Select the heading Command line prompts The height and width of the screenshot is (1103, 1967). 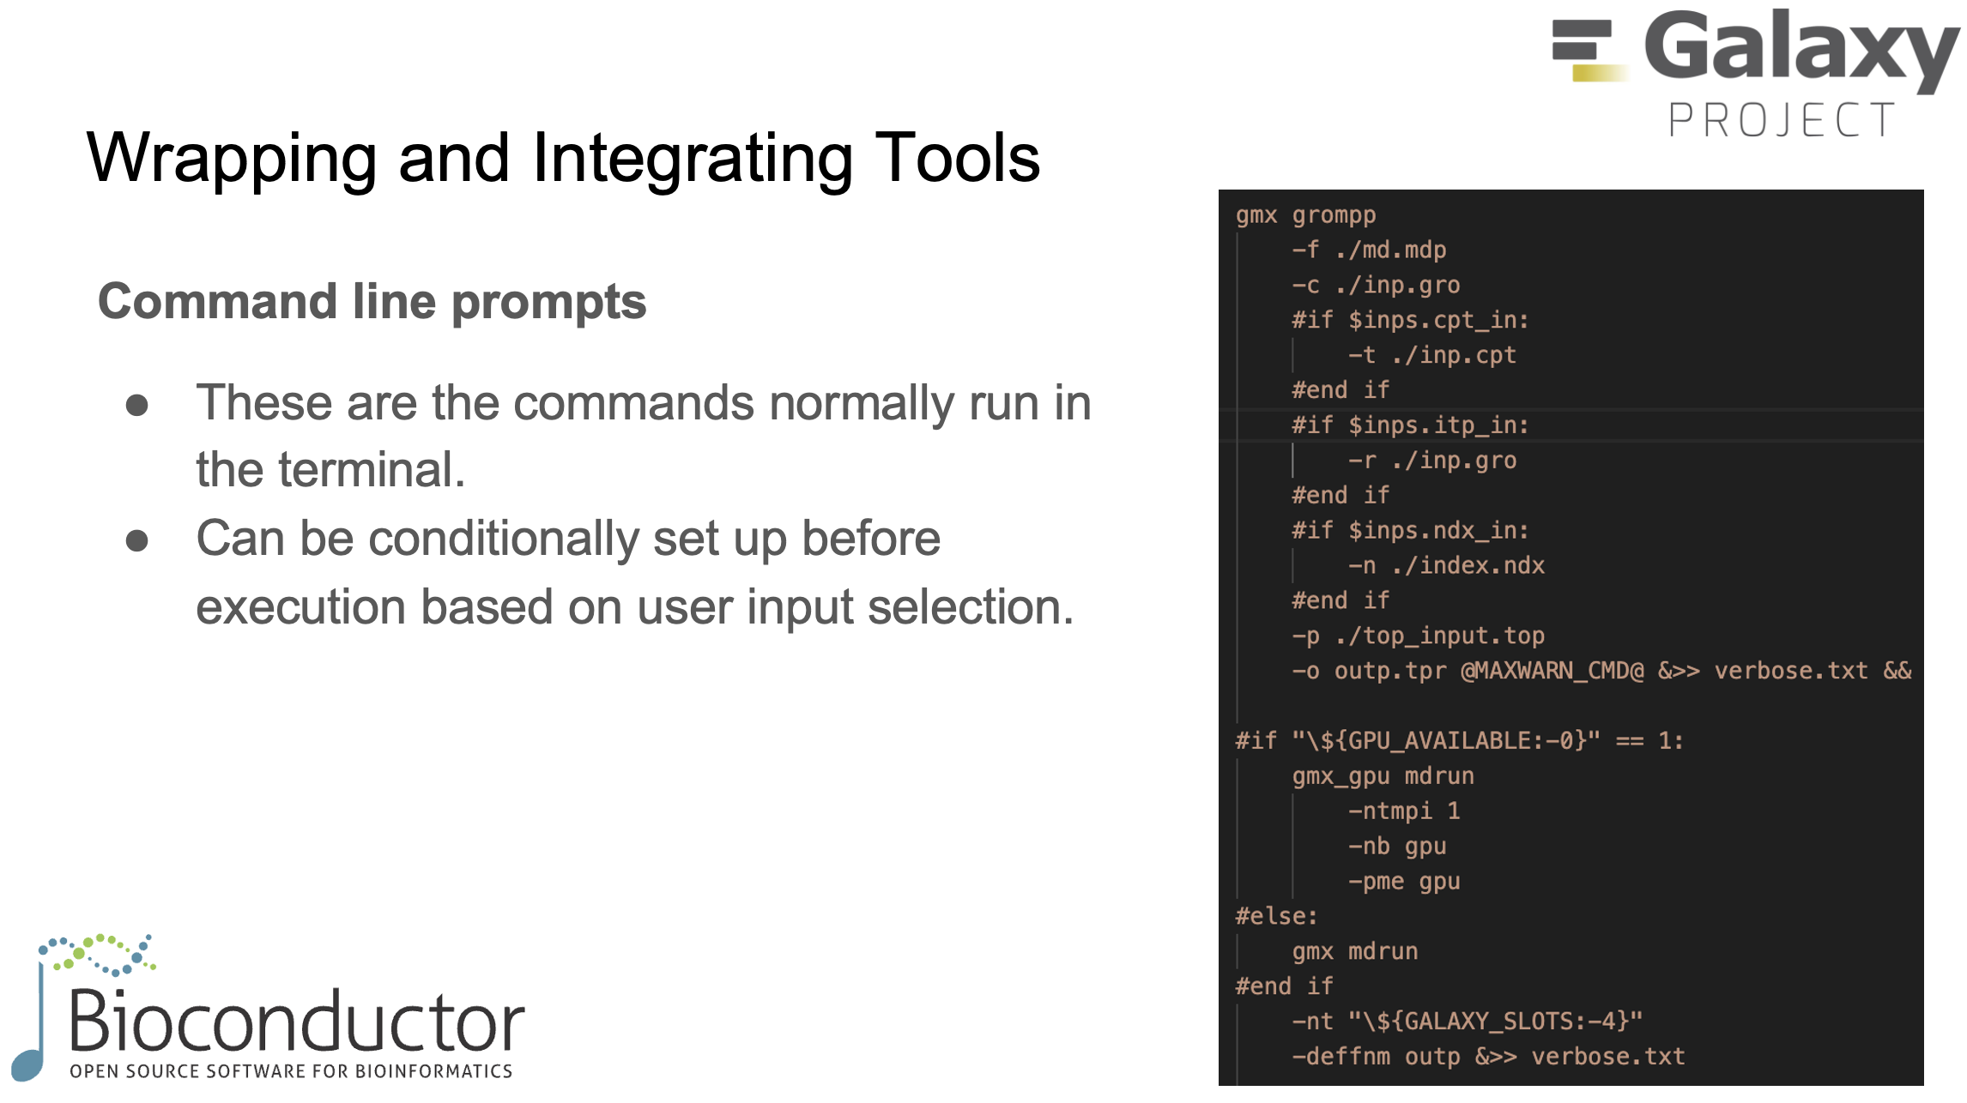coord(372,302)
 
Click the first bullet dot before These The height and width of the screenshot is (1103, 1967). coord(137,405)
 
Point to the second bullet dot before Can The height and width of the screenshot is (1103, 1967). coord(137,541)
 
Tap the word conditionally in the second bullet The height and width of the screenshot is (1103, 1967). coord(504,539)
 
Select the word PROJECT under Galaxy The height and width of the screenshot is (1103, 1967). coord(1782,120)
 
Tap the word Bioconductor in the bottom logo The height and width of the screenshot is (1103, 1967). coord(296,1022)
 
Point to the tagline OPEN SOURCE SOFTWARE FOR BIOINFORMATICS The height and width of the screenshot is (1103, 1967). coord(291,1071)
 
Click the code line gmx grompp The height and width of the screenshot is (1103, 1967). coord(1305,215)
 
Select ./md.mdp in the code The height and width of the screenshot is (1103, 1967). coord(1390,250)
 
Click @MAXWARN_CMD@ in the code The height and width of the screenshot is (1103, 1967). coord(1552,671)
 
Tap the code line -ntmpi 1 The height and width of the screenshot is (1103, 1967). coord(1403,811)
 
